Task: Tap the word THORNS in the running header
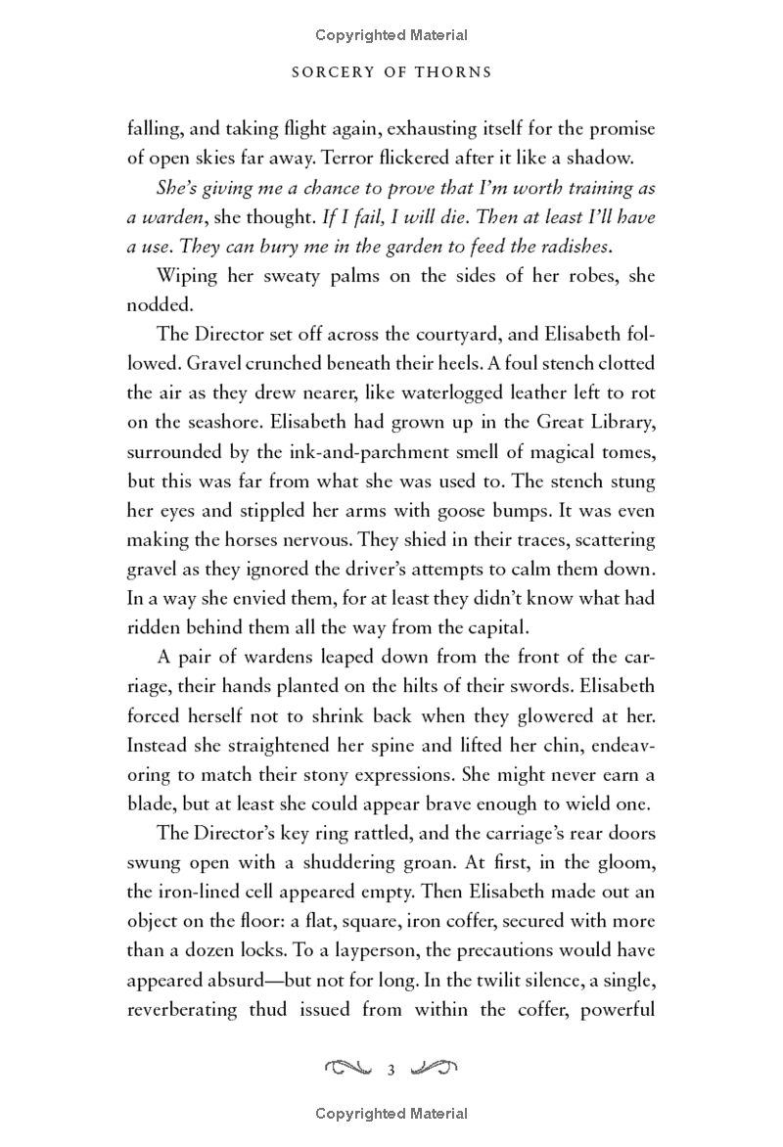pyautogui.click(x=463, y=71)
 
